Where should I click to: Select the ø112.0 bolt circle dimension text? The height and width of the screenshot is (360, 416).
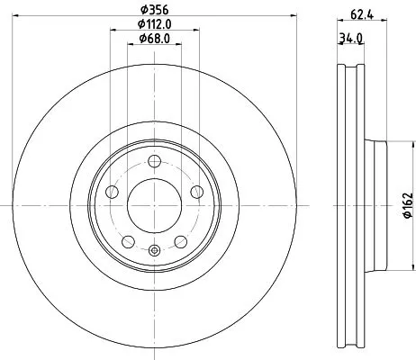point(154,37)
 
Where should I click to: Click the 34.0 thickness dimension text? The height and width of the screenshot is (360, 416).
point(350,39)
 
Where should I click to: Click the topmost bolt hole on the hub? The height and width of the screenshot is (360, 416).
point(154,161)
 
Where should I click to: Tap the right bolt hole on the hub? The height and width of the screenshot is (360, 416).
point(197,192)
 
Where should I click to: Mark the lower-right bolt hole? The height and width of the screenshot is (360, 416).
point(180,241)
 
